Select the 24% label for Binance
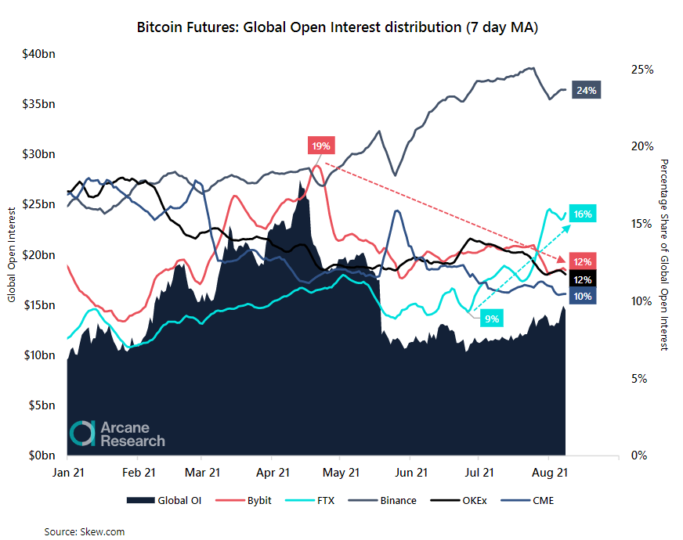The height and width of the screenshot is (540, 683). tap(587, 90)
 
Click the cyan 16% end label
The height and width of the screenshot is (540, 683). tap(582, 214)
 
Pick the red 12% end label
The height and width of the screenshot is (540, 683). tap(582, 261)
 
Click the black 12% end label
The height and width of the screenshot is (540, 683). tap(582, 279)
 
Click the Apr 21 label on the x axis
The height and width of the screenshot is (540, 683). tap(273, 473)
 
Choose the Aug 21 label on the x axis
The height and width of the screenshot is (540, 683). tap(547, 473)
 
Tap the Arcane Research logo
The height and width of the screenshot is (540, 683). tap(118, 434)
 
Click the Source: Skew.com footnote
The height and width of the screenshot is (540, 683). tap(84, 532)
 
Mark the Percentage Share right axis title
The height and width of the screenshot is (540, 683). tap(664, 254)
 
